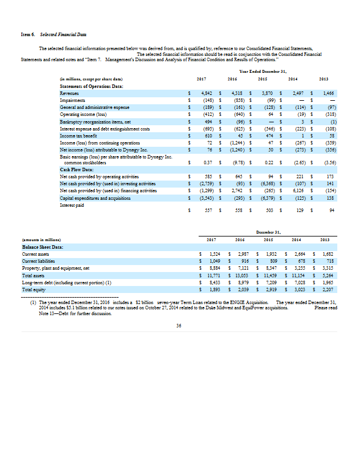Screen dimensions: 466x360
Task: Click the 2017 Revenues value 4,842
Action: coord(206,93)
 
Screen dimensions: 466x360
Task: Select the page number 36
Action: coord(179,326)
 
